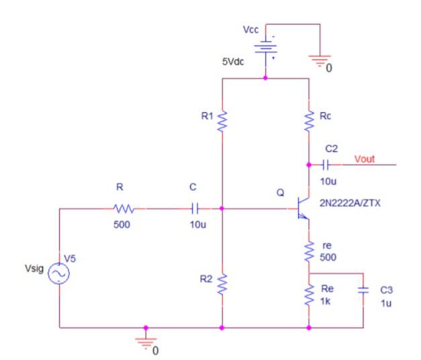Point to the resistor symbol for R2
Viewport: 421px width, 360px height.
222,284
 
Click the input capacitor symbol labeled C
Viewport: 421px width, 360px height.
195,209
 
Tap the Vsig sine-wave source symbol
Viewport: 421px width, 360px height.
58,273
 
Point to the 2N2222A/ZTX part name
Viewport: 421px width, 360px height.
349,201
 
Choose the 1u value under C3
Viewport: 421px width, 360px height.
385,302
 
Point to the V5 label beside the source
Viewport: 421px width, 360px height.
70,258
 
